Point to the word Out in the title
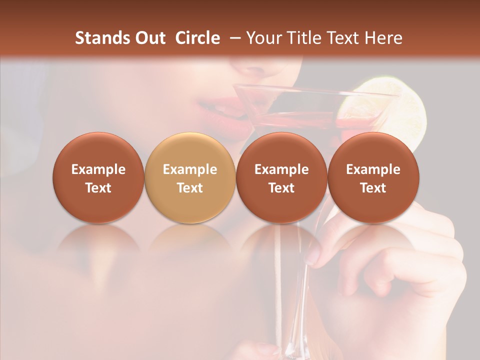coord(150,38)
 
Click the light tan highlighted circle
coord(190,178)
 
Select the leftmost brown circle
coord(98,178)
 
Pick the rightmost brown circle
coord(373,178)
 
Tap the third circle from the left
coord(281,178)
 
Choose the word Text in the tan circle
coord(190,188)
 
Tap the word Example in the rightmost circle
coord(373,169)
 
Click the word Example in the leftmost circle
coord(98,169)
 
